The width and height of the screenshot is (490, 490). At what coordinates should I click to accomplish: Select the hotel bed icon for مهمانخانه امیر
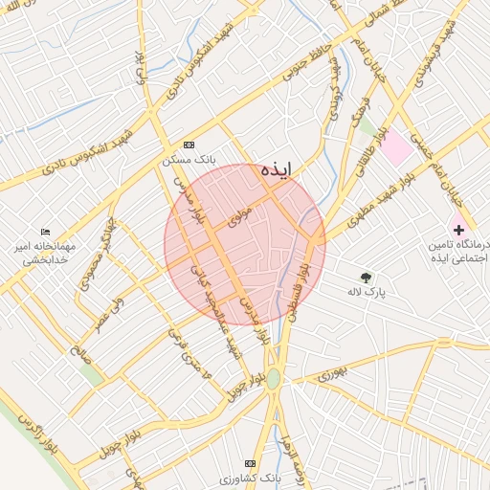[45, 232]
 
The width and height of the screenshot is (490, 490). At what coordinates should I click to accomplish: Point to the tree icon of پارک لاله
[365, 278]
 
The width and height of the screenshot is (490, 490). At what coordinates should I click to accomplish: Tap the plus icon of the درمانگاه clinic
[457, 230]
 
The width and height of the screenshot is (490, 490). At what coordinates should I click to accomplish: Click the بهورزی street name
[330, 373]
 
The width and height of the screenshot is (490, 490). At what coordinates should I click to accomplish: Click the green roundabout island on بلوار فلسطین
[274, 379]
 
